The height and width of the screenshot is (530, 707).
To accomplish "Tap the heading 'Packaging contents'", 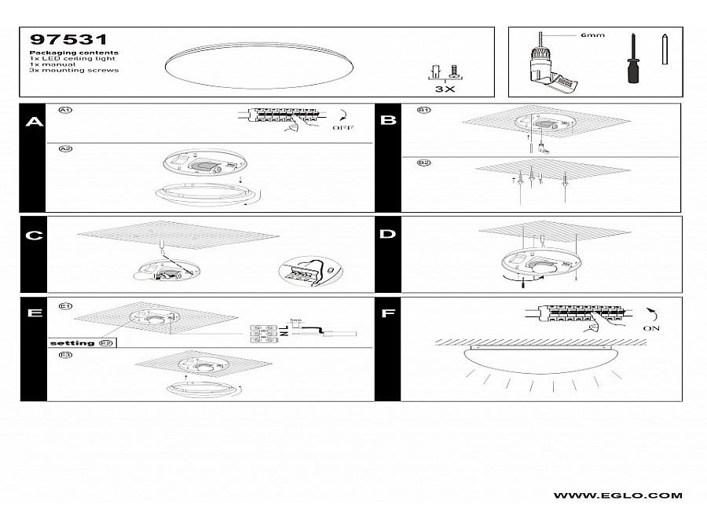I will coord(73,53).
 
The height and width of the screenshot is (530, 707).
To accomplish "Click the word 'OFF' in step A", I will coord(343,127).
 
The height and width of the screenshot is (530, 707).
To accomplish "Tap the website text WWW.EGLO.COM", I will coord(617,495).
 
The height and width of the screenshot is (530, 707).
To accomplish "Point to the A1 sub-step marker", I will coord(66,111).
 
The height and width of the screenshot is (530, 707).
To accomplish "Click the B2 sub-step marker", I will coord(423,163).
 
